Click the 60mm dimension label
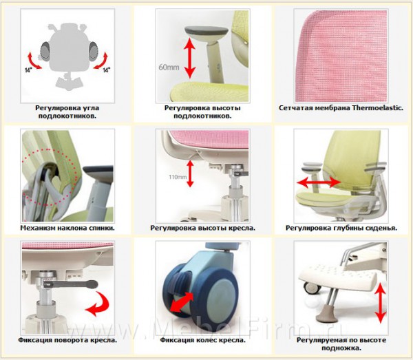pyautogui.click(x=169, y=67)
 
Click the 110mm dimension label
pyautogui.click(x=178, y=177)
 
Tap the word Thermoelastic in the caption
pyautogui.click(x=378, y=108)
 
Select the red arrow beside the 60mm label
pyautogui.click(x=190, y=59)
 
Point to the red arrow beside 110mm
pyautogui.click(x=190, y=174)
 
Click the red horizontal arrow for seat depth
pyautogui.click(x=319, y=182)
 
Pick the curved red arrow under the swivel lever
pyautogui.click(x=98, y=304)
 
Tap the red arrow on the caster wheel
pyautogui.click(x=182, y=301)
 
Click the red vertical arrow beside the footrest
pyautogui.click(x=381, y=303)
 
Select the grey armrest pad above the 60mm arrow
pyautogui.click(x=206, y=31)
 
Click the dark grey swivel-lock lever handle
pyautogui.click(x=71, y=284)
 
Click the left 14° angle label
pyautogui.click(x=28, y=70)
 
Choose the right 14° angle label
pyautogui.click(x=107, y=70)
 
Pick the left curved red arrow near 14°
pyautogui.click(x=34, y=61)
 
